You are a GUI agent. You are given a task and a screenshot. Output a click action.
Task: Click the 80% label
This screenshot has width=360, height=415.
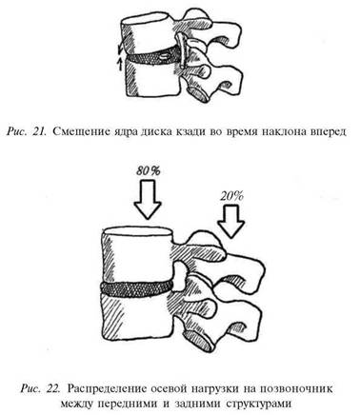coord(148,171)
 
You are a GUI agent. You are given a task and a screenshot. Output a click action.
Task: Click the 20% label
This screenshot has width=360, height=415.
coord(231,196)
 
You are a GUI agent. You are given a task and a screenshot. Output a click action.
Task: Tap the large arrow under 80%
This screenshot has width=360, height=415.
coord(148,199)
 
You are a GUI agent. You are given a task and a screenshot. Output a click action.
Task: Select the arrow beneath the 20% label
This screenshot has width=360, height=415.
coord(231,221)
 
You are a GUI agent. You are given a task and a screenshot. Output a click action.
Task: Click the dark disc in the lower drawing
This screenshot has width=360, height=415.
coord(137,288)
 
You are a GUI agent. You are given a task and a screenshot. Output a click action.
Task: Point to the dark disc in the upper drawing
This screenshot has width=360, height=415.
coord(150,56)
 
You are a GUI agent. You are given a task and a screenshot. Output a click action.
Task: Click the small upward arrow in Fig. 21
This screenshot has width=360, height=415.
coord(120,64)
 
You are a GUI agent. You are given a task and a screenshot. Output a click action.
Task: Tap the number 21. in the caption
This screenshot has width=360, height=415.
coord(40,131)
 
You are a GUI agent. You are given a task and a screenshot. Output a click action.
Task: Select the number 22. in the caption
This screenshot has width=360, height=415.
coord(52,388)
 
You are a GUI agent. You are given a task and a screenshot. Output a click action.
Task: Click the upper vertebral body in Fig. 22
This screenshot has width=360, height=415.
coord(137,255)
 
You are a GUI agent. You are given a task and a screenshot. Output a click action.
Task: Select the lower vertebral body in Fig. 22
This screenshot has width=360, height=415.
coord(137,317)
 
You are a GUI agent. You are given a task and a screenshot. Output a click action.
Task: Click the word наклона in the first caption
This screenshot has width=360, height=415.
coord(279,131)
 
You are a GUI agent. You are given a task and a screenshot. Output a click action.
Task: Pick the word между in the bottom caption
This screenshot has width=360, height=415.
coord(79,405)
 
